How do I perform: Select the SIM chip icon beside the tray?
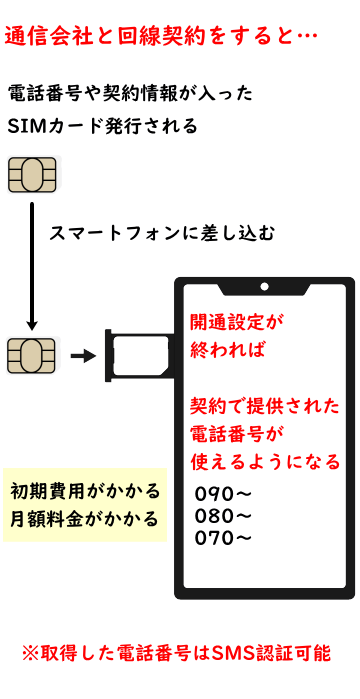[x=31, y=354]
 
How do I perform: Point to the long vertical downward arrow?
[x=32, y=265]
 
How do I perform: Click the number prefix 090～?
[x=225, y=494]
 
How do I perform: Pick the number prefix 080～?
[x=225, y=516]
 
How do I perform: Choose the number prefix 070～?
[x=225, y=538]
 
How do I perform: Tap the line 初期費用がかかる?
[x=85, y=492]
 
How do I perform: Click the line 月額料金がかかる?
[x=85, y=520]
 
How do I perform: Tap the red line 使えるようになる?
[x=265, y=462]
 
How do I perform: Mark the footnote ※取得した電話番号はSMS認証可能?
[x=176, y=652]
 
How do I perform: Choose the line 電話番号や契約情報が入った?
[x=130, y=95]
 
